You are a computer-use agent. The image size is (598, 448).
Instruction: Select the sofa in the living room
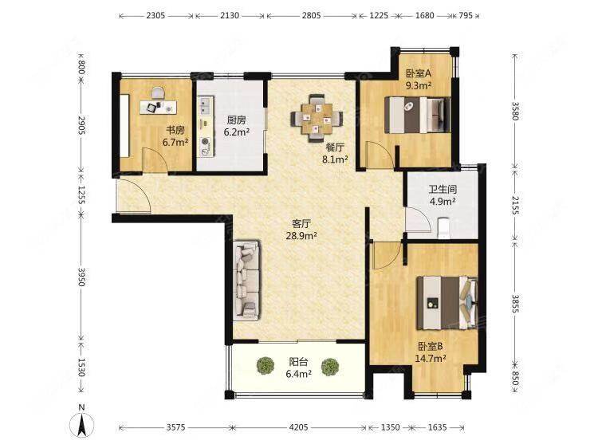point(246,280)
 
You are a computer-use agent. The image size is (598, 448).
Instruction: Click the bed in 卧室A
point(418,115)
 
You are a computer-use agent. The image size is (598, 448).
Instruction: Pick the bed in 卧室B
point(447,303)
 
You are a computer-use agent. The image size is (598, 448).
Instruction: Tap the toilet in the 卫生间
point(443,227)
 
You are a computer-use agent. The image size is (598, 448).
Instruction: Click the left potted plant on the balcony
point(265,366)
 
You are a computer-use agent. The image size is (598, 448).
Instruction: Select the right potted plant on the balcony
point(329,367)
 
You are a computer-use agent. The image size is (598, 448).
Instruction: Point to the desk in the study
point(159,107)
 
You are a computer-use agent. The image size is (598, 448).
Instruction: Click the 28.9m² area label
point(301,236)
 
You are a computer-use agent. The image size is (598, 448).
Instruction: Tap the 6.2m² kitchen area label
point(237,132)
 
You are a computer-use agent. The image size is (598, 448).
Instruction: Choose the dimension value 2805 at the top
point(311,16)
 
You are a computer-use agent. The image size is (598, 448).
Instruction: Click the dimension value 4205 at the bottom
point(298,427)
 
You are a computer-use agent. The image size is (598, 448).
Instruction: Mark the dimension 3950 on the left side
point(81,277)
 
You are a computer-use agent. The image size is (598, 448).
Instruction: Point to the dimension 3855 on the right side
point(515,304)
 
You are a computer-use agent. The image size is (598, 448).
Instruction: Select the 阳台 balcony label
point(298,361)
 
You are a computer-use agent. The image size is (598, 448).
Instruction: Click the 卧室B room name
point(431,346)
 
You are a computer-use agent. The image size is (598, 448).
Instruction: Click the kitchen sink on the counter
point(205,105)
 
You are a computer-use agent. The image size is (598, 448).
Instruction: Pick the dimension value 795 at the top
point(466,16)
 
